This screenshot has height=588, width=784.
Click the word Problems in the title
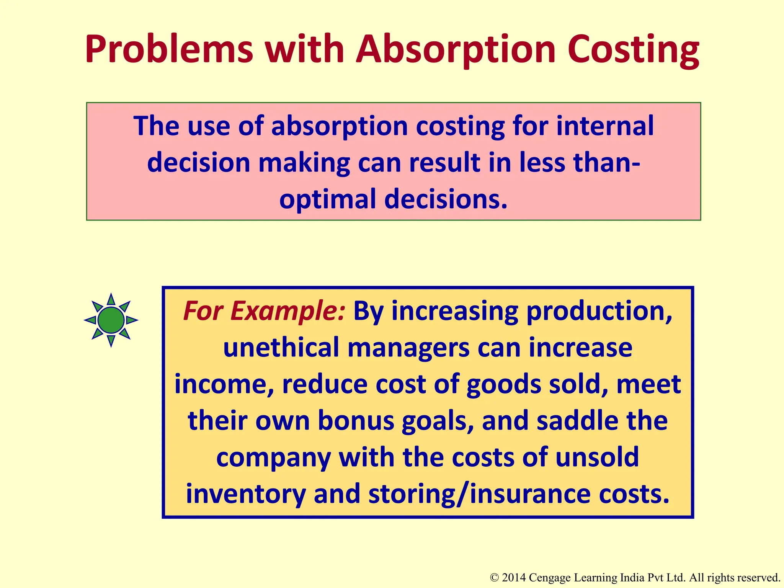click(169, 50)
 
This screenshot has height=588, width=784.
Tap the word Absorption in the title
click(455, 50)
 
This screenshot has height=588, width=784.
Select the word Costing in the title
click(633, 50)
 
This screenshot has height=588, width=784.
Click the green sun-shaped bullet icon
click(111, 320)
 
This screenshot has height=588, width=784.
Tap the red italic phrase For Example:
click(264, 311)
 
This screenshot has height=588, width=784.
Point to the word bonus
click(356, 421)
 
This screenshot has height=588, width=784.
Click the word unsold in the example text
click(597, 457)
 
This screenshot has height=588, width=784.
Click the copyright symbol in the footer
click(494, 578)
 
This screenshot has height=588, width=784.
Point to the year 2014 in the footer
click(513, 578)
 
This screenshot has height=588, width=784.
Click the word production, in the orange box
click(599, 311)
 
